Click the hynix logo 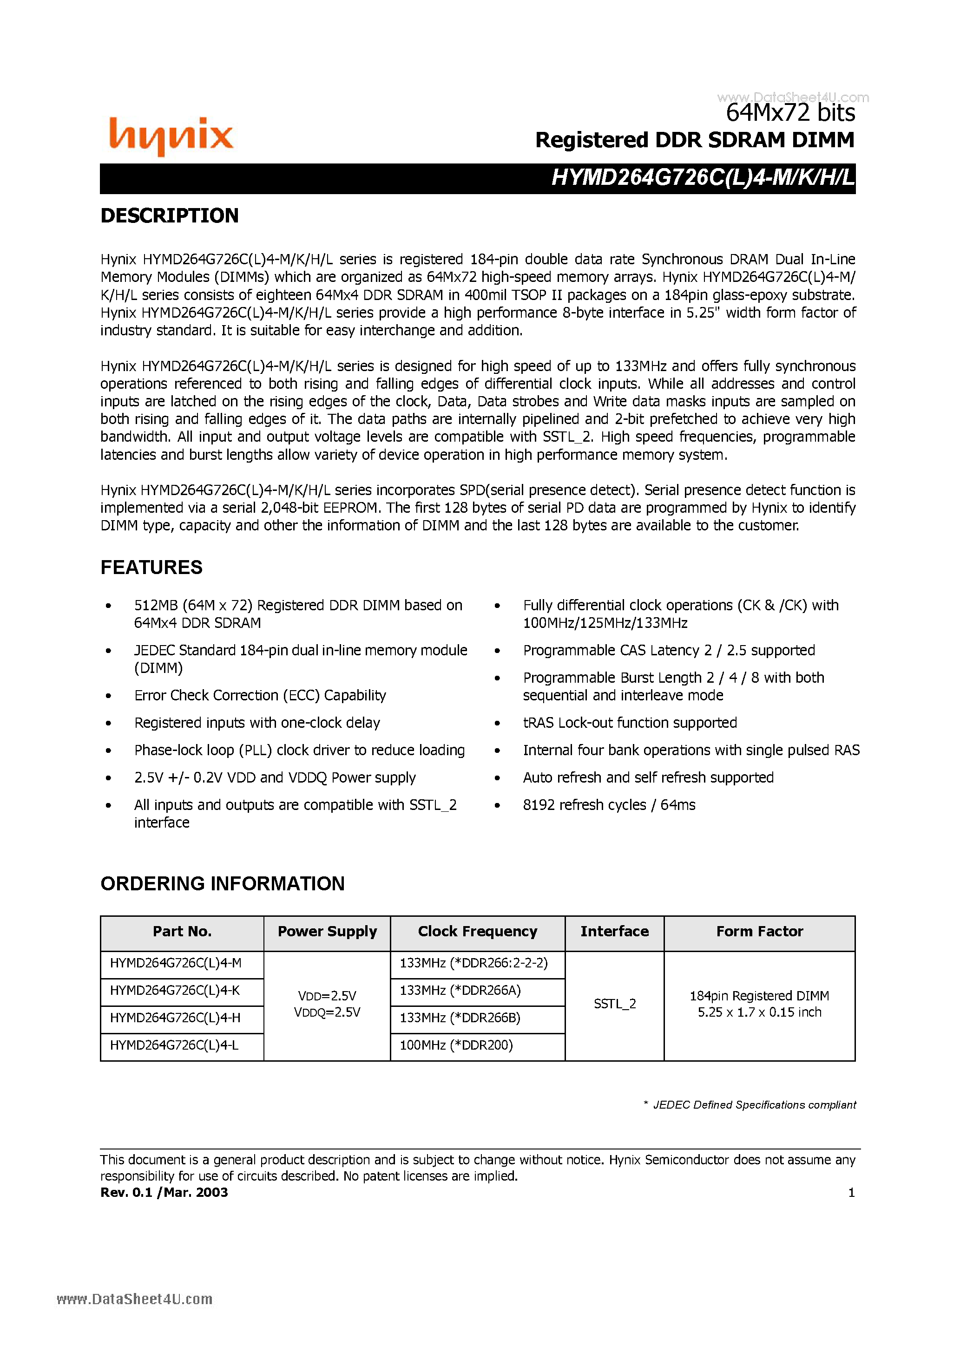(171, 136)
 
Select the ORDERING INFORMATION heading (223, 884)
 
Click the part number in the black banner (703, 177)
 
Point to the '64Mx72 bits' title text (790, 113)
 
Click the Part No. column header (182, 932)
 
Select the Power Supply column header (327, 932)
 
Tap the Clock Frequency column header (477, 932)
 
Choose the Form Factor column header (759, 932)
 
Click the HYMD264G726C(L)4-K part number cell (175, 991)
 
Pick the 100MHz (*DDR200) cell (456, 1045)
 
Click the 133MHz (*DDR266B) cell (460, 1018)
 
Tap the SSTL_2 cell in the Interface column (614, 1004)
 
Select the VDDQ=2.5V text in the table (327, 1012)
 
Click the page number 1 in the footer (851, 1192)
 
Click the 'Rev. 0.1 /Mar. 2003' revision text (164, 1192)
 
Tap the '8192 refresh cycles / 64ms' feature (609, 805)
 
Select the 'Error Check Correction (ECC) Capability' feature (260, 696)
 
